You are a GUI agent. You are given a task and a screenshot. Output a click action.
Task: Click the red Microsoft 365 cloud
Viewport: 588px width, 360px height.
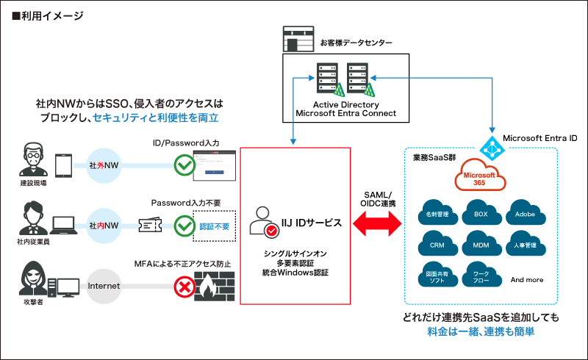tap(478, 178)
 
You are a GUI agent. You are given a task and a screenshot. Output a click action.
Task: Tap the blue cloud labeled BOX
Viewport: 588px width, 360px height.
tap(481, 213)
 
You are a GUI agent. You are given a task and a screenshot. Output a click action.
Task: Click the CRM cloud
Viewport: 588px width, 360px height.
tap(437, 244)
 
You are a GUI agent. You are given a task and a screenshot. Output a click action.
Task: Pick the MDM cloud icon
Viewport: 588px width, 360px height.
tap(481, 244)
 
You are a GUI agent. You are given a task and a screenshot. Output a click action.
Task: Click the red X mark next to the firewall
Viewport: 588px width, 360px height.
tap(182, 286)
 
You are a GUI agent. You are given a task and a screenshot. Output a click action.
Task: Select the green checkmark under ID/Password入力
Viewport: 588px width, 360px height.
tap(182, 165)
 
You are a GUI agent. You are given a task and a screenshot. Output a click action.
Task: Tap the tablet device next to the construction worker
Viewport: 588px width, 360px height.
tap(63, 165)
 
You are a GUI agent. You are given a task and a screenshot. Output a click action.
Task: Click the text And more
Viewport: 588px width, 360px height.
tap(526, 279)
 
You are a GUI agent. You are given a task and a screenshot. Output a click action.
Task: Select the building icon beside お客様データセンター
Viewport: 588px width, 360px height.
tap(298, 39)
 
